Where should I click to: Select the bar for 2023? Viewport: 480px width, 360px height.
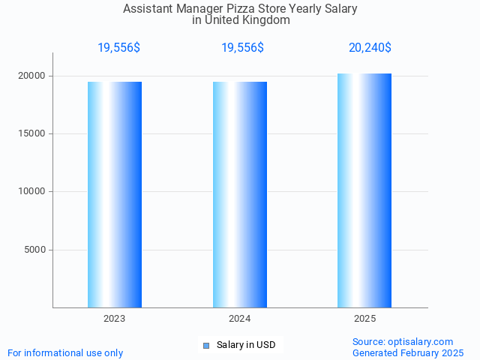(x=115, y=194)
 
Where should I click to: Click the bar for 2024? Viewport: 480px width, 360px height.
(x=240, y=194)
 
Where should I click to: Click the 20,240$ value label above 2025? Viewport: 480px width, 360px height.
(x=370, y=48)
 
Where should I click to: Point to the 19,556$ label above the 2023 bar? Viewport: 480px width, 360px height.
(x=118, y=48)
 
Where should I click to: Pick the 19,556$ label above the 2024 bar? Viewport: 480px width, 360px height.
(x=242, y=48)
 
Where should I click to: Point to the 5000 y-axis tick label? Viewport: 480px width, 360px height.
(x=35, y=250)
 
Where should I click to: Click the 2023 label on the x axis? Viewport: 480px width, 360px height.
(x=115, y=319)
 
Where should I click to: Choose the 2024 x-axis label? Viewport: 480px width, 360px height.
(x=240, y=319)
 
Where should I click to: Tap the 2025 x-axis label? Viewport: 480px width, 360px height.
(x=364, y=319)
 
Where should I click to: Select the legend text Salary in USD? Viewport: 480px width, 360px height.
(x=246, y=345)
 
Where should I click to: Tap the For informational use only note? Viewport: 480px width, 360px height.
(x=65, y=352)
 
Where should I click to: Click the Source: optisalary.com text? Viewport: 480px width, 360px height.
(x=403, y=341)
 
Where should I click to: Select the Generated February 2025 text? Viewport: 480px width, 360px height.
(x=408, y=352)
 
